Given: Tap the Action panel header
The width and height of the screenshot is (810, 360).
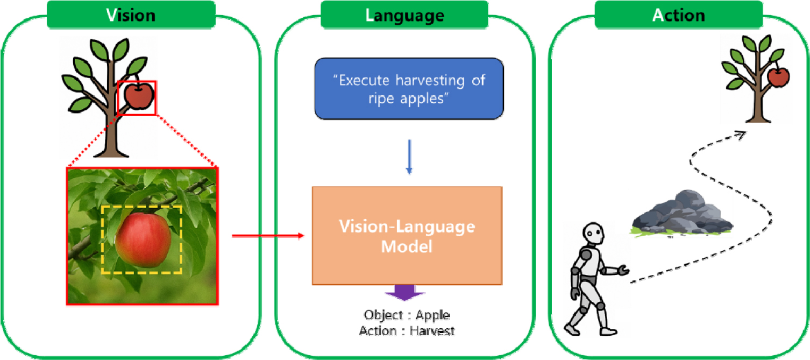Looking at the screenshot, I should tap(678, 15).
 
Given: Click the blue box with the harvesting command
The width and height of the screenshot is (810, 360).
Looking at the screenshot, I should tap(409, 88).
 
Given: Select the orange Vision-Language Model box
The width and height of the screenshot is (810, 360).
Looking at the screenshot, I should tap(407, 236).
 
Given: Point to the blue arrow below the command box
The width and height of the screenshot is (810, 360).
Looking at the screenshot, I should tap(409, 157).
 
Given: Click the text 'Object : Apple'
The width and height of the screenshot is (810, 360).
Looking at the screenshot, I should tap(407, 315).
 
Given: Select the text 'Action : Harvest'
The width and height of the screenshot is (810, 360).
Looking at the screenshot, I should tap(407, 330).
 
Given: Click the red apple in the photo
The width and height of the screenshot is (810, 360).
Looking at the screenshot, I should tap(143, 239).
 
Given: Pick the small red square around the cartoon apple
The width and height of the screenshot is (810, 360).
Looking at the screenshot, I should tap(137, 97).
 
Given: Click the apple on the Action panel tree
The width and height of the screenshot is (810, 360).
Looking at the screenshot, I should tap(779, 77).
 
